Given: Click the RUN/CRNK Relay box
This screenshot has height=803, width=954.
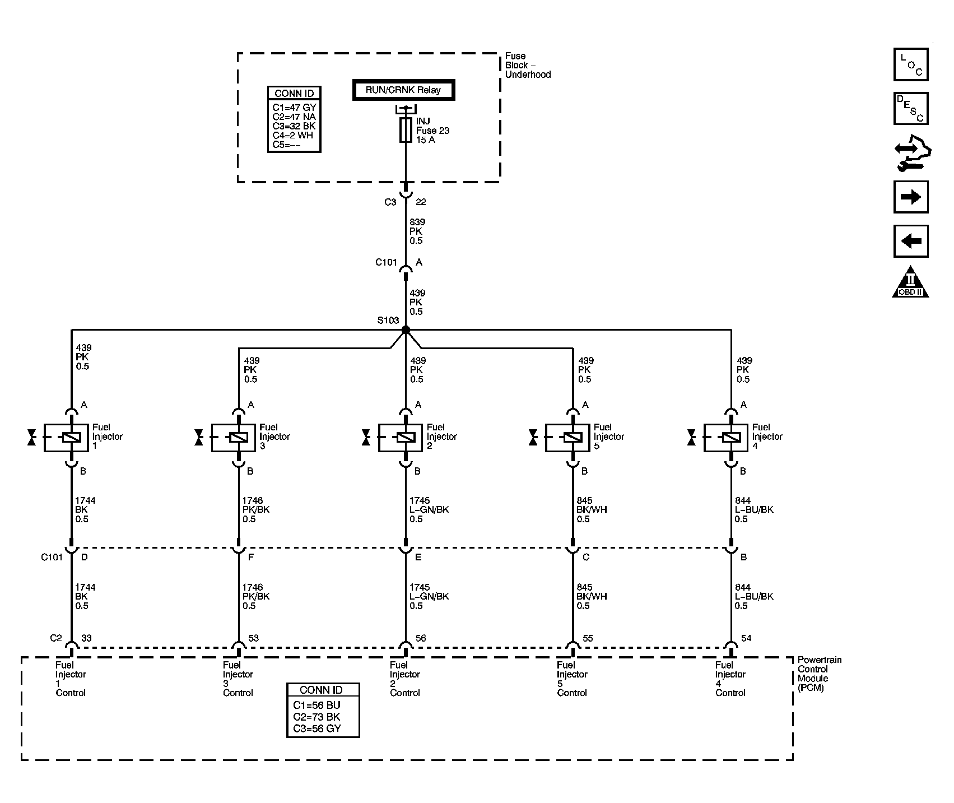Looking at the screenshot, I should tap(403, 90).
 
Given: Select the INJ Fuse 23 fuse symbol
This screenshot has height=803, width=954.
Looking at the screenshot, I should tap(406, 131).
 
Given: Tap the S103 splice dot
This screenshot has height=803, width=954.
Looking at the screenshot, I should tap(406, 330).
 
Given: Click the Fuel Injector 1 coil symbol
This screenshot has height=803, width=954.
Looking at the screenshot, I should tap(72, 438).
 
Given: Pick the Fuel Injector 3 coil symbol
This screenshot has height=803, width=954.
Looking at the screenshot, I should tap(239, 438).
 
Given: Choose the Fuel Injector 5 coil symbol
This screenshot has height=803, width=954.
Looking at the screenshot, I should tap(573, 438).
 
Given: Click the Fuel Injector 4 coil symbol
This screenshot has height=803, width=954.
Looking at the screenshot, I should tap(731, 438).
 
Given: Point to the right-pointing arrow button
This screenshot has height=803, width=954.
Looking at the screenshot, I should tap(910, 197).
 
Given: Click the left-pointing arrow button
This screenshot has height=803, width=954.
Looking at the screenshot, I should tap(910, 242).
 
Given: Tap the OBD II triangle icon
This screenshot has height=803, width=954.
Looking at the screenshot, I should tap(910, 284).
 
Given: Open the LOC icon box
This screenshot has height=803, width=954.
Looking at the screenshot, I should tap(910, 64).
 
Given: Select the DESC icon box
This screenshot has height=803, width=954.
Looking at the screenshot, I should tap(910, 109).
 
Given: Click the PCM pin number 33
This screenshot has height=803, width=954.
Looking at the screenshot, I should tap(86, 638).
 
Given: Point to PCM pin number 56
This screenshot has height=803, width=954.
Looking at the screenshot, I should tap(421, 638).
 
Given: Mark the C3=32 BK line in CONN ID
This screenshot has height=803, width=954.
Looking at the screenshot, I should tap(294, 126).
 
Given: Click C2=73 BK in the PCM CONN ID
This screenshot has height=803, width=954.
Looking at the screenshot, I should tap(317, 717).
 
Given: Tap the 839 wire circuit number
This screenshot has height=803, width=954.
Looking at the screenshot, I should tap(417, 222).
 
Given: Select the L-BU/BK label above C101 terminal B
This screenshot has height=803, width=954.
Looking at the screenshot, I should tap(754, 510).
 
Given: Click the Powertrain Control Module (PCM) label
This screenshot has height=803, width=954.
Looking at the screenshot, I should tap(819, 674).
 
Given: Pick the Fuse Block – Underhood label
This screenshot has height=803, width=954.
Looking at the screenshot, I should tap(527, 65).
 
